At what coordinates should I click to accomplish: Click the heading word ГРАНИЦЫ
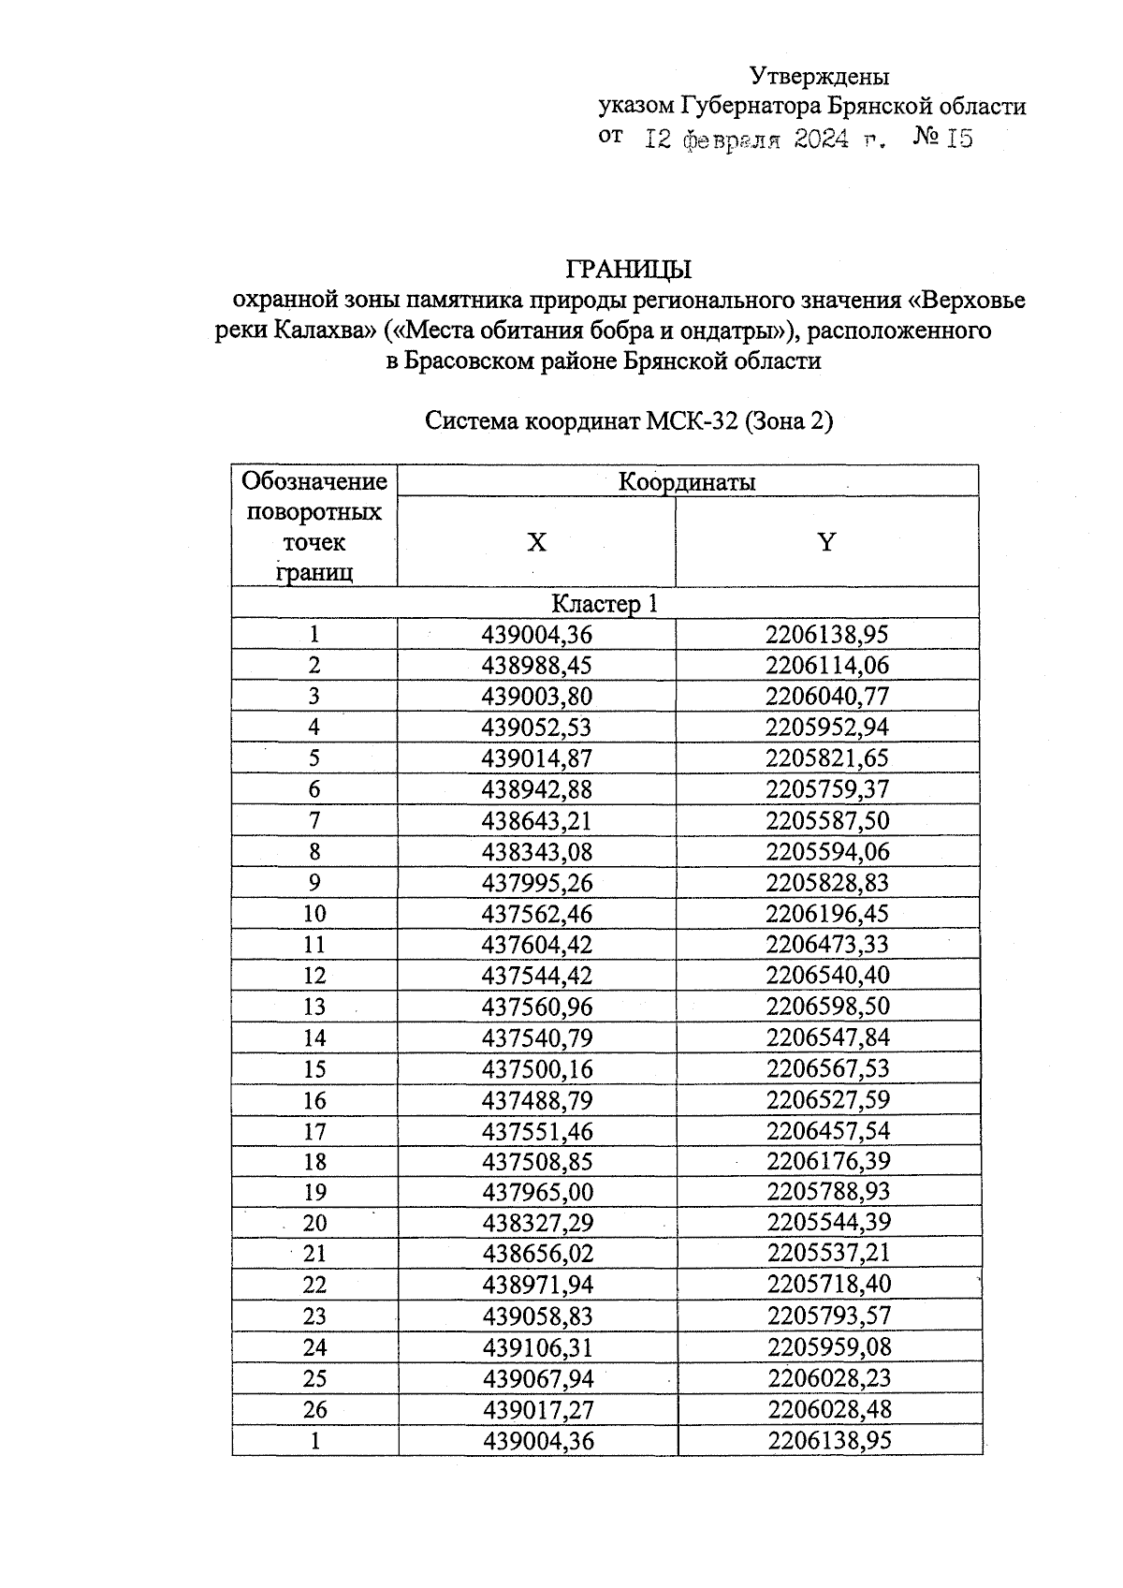pyautogui.click(x=628, y=270)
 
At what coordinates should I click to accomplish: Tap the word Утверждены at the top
pyautogui.click(x=820, y=76)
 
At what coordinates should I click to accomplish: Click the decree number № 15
pyautogui.click(x=942, y=139)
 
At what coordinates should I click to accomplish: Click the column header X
pyautogui.click(x=536, y=542)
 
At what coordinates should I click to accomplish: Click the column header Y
pyautogui.click(x=825, y=542)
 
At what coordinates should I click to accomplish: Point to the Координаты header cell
pyautogui.click(x=687, y=482)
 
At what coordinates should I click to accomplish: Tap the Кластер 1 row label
pyautogui.click(x=605, y=604)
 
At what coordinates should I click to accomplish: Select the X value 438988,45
pyautogui.click(x=536, y=666)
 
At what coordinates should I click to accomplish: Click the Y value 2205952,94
pyautogui.click(x=827, y=728)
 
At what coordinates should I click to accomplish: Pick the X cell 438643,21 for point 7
pyautogui.click(x=536, y=821)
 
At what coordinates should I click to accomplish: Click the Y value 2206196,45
pyautogui.click(x=827, y=914)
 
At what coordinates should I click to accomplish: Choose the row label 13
pyautogui.click(x=314, y=1007)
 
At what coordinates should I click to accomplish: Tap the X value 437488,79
pyautogui.click(x=536, y=1100)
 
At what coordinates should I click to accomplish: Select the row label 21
pyautogui.click(x=314, y=1254)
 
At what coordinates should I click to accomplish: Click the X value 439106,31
pyautogui.click(x=537, y=1347)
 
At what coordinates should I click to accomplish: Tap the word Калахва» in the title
pyautogui.click(x=321, y=331)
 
